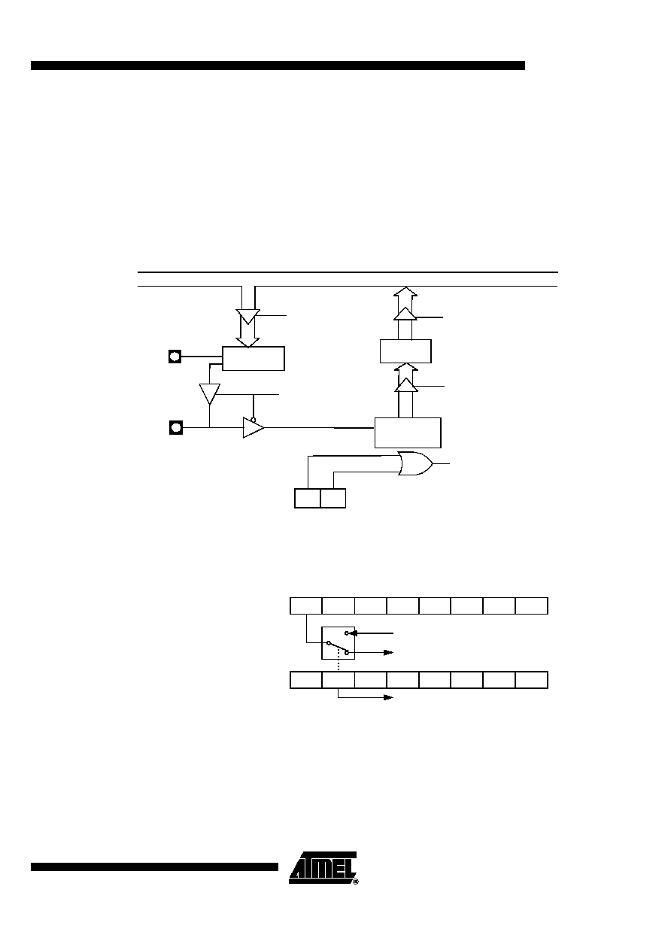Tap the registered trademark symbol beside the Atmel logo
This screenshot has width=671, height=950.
356,882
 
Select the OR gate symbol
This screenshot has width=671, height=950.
415,463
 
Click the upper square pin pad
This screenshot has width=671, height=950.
175,357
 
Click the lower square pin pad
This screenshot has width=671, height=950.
175,427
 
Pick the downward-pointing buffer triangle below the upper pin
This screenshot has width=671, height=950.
210,394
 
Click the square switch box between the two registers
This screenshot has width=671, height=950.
338,643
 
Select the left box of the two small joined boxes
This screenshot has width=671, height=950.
308,498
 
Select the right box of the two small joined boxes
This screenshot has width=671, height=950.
333,498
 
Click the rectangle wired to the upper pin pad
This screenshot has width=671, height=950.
254,358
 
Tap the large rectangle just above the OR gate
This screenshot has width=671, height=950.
408,433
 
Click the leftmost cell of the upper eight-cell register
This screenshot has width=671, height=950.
306,606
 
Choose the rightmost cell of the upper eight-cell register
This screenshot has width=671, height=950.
531,606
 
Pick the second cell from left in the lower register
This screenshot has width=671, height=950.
338,680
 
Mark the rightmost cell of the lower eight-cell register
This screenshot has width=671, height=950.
531,680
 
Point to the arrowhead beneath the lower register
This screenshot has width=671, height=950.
388,697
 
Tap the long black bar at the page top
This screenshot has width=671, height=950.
278,65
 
